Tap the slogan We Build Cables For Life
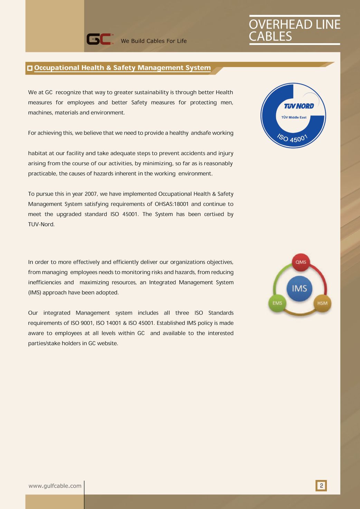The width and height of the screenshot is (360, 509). coord(153,41)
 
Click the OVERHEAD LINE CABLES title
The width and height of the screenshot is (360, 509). coord(294,30)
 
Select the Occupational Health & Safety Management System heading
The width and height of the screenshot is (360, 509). coord(122,68)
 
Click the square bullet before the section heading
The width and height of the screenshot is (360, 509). coord(30,68)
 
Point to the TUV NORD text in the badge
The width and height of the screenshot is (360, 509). coord(299,106)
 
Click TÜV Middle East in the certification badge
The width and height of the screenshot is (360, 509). coord(294,117)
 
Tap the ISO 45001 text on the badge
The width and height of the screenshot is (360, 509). coord(292,138)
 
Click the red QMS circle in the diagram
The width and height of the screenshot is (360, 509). coord(301,262)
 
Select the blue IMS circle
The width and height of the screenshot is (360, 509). coord(299,289)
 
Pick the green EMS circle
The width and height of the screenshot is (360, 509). coord(277,303)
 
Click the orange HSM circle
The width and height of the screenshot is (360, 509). coord(322,303)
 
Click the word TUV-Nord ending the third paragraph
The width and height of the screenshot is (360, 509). coord(41,224)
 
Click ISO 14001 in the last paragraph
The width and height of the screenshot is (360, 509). coord(108,323)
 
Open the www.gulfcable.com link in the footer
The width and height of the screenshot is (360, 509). coord(55,486)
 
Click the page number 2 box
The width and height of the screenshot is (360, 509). coord(321,486)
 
